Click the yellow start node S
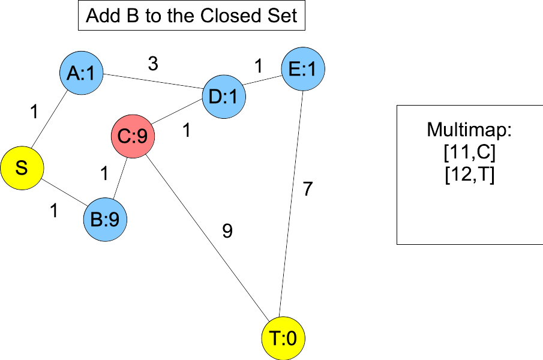[x=22, y=168]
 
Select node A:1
[x=82, y=73]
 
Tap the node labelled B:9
[x=105, y=220]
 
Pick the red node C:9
[x=133, y=137]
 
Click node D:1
[x=224, y=97]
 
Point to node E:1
[x=303, y=70]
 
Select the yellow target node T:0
[x=283, y=339]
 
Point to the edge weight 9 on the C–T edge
[x=227, y=232]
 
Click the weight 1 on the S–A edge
[x=34, y=112]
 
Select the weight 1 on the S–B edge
[x=54, y=211]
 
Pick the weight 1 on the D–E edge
[x=259, y=66]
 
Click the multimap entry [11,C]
[x=469, y=154]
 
